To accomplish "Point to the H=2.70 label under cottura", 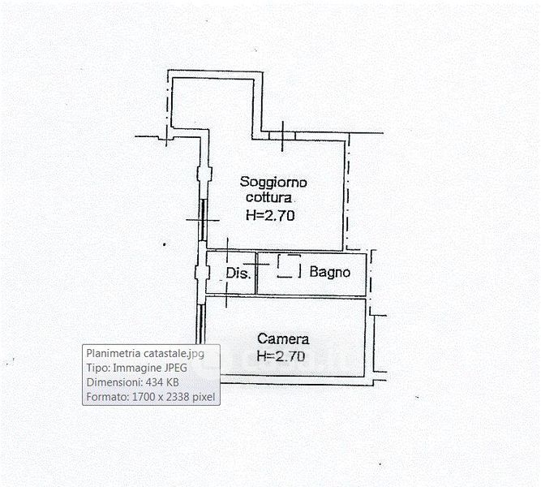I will click(272, 216).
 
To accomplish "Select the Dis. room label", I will click(237, 273).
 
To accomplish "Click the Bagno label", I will click(329, 272).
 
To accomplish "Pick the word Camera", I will click(282, 338).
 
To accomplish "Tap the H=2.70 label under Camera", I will click(280, 356).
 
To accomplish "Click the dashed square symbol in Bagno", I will click(289, 266).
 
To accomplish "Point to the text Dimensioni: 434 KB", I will click(133, 382).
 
